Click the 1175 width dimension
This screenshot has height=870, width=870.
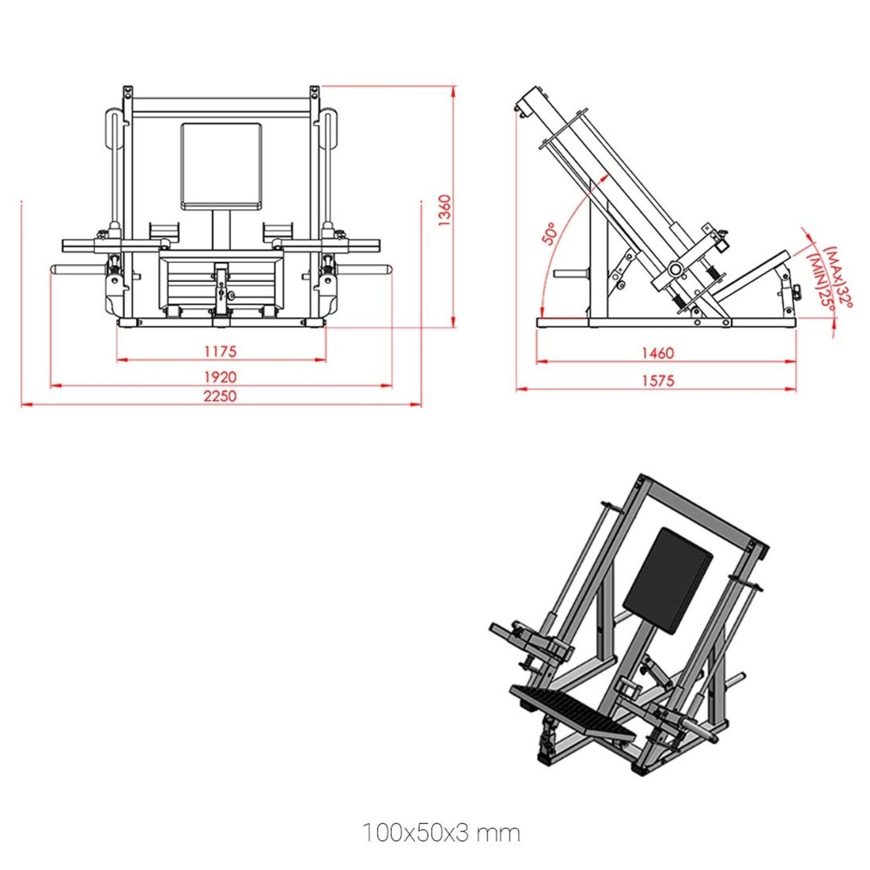220,351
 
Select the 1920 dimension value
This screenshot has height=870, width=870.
220,377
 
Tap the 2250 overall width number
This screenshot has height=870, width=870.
220,396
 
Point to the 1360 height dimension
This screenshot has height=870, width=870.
444,210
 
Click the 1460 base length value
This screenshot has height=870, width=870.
657,353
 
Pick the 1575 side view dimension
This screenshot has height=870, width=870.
657,381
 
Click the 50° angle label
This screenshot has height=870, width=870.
550,234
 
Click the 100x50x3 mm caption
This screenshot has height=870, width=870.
441,832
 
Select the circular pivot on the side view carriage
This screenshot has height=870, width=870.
675,269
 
